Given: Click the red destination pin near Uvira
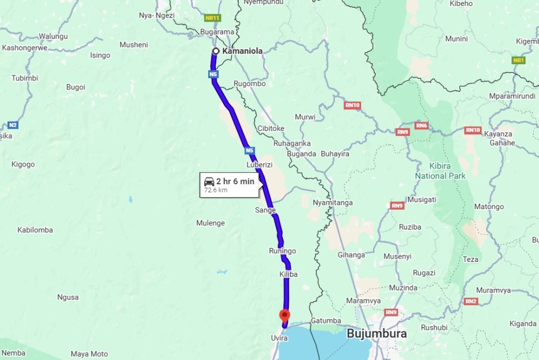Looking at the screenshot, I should (x=284, y=315).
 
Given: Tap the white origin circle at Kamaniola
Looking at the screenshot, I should (x=216, y=51).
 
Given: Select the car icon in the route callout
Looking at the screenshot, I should (x=209, y=182).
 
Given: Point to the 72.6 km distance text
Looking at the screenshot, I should (x=216, y=190).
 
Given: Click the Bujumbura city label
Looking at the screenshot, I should (x=377, y=334).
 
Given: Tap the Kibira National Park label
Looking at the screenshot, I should (x=440, y=171).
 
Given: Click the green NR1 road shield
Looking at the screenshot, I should (x=519, y=60).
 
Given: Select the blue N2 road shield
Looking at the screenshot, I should (x=13, y=125).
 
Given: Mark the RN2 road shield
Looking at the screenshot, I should (x=471, y=301).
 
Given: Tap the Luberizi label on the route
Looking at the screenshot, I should (x=259, y=164).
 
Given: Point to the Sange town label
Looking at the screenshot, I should (x=265, y=210).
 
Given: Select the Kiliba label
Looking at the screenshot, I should (x=288, y=274).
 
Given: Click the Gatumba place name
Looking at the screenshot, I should (x=326, y=321).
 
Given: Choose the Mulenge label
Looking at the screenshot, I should (x=210, y=223).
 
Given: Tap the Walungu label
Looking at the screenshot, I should (x=53, y=36).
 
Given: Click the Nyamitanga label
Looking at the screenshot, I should (x=333, y=203).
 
